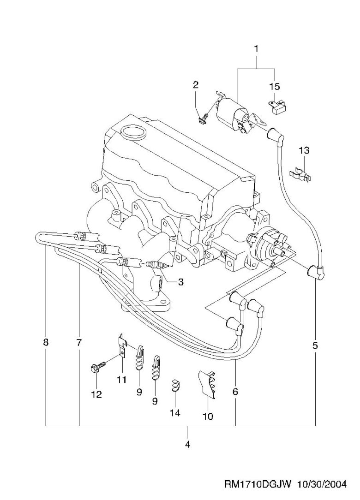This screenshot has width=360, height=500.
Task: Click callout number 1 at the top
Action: tap(256, 48)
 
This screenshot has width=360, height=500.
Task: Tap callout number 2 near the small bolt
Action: tap(196, 85)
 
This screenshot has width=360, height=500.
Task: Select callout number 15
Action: tap(275, 86)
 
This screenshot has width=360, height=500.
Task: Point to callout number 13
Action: tap(304, 150)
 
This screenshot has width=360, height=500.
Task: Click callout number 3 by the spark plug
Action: tap(180, 281)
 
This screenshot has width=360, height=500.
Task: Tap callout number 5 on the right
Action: tap(315, 345)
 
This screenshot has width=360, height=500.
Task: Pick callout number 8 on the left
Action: tap(46, 343)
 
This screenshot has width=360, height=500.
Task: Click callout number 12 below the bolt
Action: tap(96, 394)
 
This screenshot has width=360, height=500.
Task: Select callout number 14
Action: tap(174, 413)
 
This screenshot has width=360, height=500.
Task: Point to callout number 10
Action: tap(208, 416)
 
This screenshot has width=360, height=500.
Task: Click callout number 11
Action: tap(121, 380)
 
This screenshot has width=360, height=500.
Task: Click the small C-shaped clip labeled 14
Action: tap(175, 385)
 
